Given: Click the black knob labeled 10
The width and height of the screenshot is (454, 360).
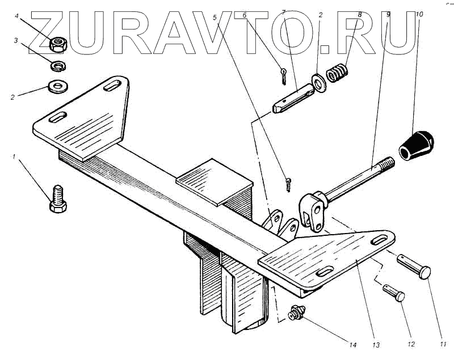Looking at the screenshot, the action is (x=419, y=145).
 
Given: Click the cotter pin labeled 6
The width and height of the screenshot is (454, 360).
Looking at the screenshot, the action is (x=284, y=74).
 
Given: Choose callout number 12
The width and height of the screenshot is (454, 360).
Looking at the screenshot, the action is (x=411, y=344).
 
